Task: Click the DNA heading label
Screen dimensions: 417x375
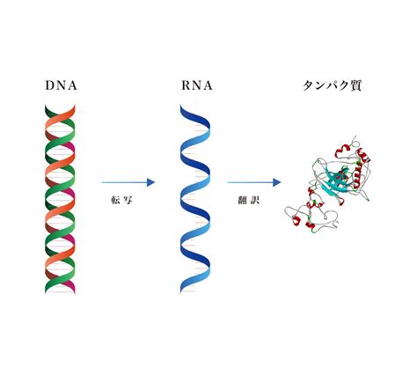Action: click(61, 85)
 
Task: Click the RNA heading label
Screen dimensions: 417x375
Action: click(196, 85)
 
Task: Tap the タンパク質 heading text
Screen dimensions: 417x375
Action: click(332, 85)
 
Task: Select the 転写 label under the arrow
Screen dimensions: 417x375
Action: click(121, 200)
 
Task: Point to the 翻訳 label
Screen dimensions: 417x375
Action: click(248, 200)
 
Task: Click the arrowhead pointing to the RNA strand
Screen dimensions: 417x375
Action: click(150, 182)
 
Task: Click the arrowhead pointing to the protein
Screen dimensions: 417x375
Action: click(277, 182)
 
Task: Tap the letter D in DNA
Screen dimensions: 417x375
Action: click(50, 85)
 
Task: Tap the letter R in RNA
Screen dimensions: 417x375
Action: click(187, 85)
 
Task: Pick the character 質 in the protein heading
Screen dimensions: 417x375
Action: click(355, 85)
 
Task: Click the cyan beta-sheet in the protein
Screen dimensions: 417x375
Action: click(337, 180)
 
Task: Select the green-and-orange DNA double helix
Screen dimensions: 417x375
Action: click(60, 199)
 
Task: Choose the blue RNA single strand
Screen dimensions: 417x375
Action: click(195, 200)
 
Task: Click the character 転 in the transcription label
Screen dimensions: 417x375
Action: click(115, 200)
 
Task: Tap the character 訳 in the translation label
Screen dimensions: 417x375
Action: click(255, 200)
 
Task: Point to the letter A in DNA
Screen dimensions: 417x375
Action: click(72, 85)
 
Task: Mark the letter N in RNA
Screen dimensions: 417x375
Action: click(197, 85)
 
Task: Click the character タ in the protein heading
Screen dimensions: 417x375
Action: click(308, 85)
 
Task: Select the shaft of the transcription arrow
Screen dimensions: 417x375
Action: click(124, 182)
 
